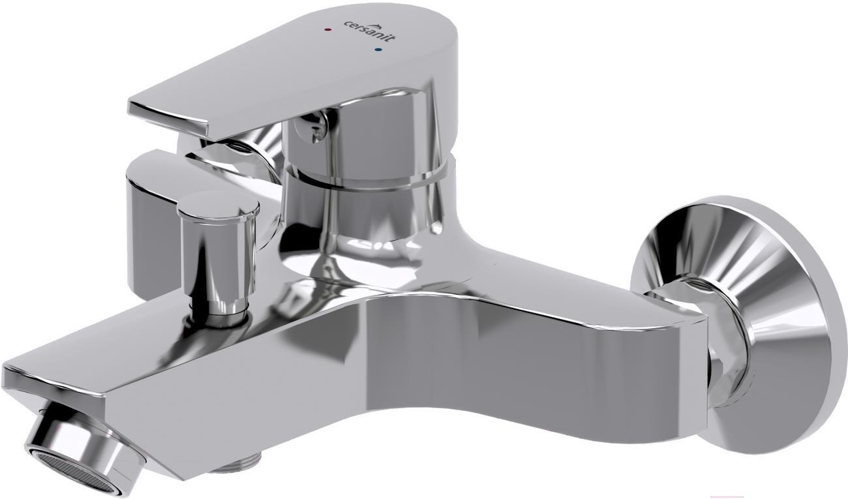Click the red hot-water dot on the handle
click(x=328, y=29)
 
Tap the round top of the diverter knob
click(x=219, y=208)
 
